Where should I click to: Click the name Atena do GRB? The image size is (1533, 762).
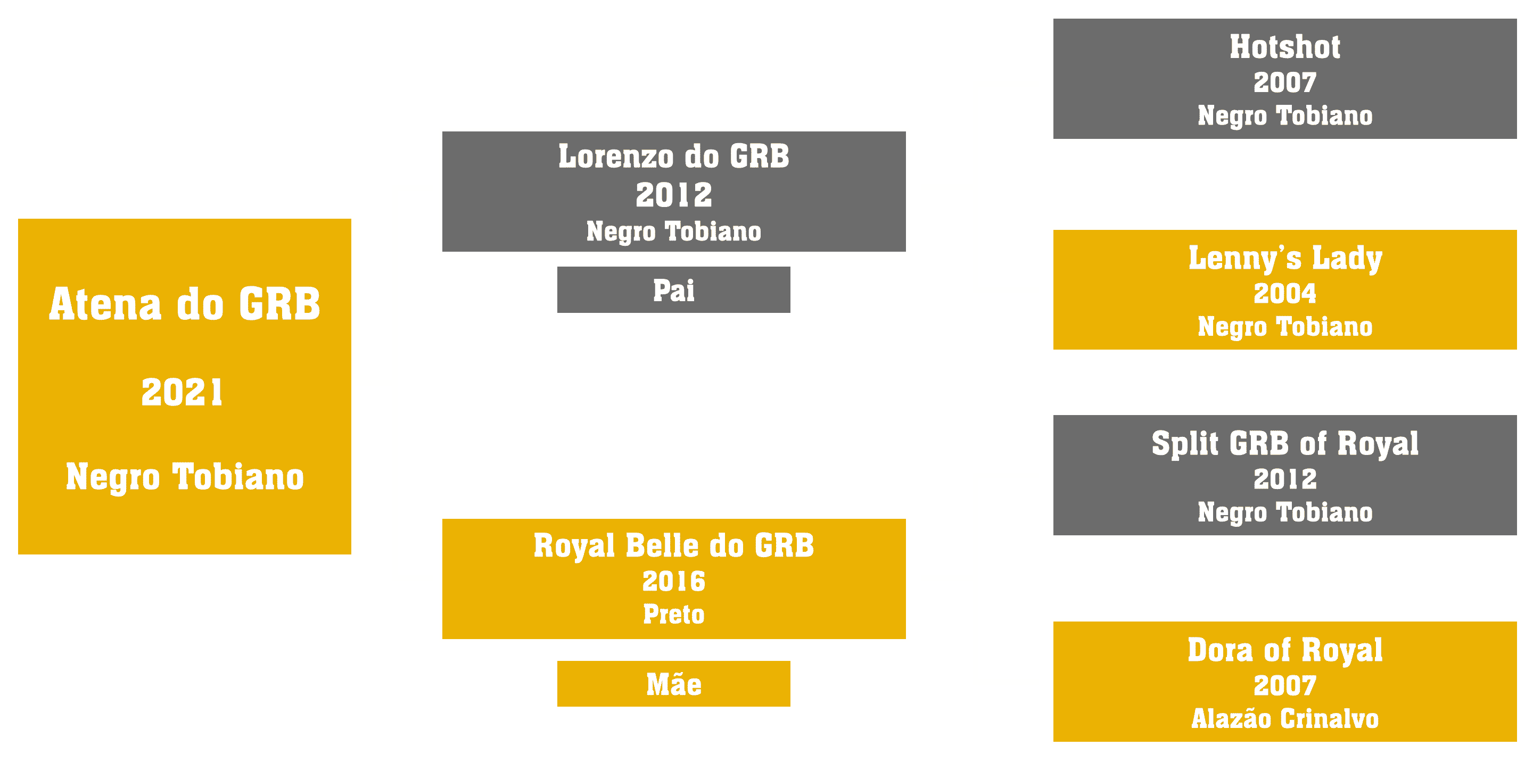tap(185, 304)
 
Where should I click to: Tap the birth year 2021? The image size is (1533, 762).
tap(182, 393)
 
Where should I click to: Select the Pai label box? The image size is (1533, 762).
tap(674, 289)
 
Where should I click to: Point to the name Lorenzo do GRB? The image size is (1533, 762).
tap(674, 156)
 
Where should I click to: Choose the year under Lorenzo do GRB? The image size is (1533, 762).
tap(674, 195)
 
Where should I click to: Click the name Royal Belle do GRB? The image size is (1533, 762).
tap(674, 546)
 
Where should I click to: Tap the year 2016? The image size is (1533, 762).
tap(674, 581)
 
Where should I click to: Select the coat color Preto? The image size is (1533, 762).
tap(674, 614)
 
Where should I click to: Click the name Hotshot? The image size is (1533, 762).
tap(1285, 46)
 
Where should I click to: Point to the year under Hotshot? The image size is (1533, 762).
tap(1285, 82)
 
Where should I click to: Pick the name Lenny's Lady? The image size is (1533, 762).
tap(1285, 259)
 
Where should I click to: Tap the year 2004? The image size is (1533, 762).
tap(1285, 293)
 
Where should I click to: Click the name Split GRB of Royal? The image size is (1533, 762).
tap(1285, 444)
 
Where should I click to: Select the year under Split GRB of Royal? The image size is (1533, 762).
tap(1285, 479)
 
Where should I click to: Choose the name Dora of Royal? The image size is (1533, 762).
tap(1285, 650)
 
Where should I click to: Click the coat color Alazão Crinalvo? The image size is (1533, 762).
tap(1285, 718)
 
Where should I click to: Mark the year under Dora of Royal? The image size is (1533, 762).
tap(1285, 685)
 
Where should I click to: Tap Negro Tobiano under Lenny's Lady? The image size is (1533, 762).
tap(1285, 327)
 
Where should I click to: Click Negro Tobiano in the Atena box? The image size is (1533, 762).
tap(185, 477)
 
